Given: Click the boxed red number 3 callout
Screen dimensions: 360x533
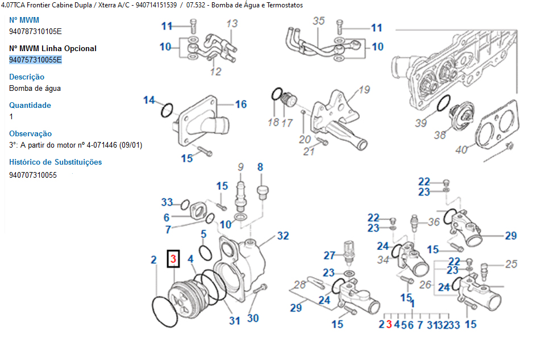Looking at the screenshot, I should [x=173, y=259].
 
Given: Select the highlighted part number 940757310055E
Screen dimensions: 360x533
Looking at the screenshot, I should [x=35, y=60].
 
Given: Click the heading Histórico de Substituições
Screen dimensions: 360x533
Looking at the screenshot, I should [x=56, y=162].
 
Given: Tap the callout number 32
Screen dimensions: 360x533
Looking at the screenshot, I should [x=283, y=236].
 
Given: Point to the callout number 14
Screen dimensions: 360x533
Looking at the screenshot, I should [x=149, y=100].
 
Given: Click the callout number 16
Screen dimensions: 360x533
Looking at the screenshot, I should [x=241, y=104].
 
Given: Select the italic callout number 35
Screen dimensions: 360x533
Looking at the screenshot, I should [x=319, y=21].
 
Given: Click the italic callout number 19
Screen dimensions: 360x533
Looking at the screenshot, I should [x=364, y=90].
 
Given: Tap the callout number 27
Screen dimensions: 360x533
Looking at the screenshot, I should [x=330, y=256].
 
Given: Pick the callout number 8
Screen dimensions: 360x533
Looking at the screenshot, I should [x=260, y=167].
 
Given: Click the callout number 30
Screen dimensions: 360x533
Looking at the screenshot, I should [x=253, y=318].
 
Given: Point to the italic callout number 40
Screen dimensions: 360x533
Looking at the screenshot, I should [x=461, y=150].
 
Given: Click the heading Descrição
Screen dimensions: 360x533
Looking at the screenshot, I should [x=27, y=77].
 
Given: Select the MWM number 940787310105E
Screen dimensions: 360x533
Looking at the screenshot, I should [x=35, y=31].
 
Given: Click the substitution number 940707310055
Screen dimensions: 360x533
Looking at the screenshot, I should [x=33, y=175].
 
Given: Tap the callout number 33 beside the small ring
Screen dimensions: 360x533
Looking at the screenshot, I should [x=166, y=202].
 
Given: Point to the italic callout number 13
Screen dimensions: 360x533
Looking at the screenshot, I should [x=232, y=24].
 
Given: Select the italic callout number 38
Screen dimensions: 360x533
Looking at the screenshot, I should [x=440, y=135].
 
